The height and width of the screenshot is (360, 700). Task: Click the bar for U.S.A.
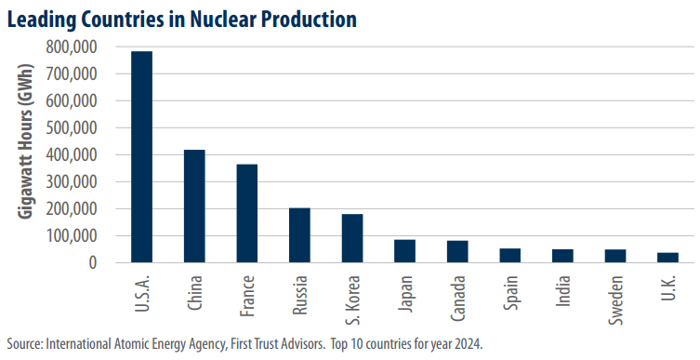pyautogui.click(x=141, y=157)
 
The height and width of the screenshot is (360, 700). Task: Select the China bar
pyautogui.click(x=194, y=207)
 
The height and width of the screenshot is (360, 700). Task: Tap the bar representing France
pyautogui.click(x=247, y=214)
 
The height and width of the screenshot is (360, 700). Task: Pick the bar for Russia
pyautogui.click(x=299, y=235)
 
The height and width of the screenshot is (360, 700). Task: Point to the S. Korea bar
pyautogui.click(x=352, y=238)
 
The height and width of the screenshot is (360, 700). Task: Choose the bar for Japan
pyautogui.click(x=404, y=251)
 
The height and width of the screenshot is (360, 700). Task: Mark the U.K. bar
pyautogui.click(x=667, y=258)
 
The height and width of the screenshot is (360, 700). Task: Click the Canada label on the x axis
pyautogui.click(x=457, y=299)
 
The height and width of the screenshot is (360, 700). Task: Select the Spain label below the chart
pyautogui.click(x=510, y=292)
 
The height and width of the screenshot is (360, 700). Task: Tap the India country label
pyautogui.click(x=563, y=291)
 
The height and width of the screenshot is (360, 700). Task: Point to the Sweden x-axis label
pyautogui.click(x=615, y=300)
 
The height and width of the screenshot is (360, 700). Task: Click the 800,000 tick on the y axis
pyautogui.click(x=78, y=47)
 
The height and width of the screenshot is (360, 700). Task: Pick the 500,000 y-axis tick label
pyautogui.click(x=78, y=127)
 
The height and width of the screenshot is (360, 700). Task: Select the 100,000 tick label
pyautogui.click(x=78, y=236)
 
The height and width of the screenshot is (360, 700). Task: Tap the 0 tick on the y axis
pyautogui.click(x=105, y=262)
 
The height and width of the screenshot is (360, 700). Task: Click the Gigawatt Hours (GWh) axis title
pyautogui.click(x=26, y=141)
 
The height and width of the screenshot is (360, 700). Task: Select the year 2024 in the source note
pyautogui.click(x=470, y=344)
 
